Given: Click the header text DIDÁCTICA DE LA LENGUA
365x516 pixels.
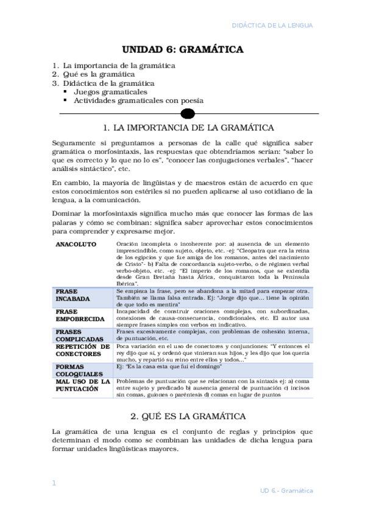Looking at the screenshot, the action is (x=274, y=26).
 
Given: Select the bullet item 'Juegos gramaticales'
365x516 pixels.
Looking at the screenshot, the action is (x=110, y=92).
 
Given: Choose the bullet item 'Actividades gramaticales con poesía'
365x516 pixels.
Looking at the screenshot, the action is (x=138, y=100).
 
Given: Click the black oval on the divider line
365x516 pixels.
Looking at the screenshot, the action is (x=188, y=113).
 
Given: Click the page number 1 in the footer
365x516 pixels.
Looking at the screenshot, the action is (x=54, y=483).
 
